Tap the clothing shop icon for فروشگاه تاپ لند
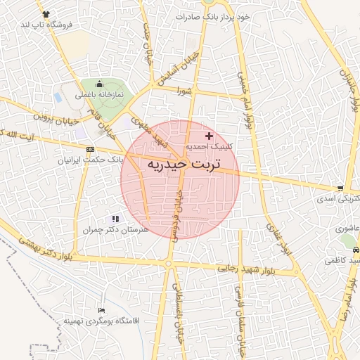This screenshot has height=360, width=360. pos(46,14)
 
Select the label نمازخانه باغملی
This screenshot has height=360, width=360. pos(99,94)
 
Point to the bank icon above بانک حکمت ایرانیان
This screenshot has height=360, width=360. pos(90,150)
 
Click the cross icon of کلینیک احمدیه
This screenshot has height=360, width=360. pos(209,135)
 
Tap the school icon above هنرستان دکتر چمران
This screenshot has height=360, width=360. pos(115,219)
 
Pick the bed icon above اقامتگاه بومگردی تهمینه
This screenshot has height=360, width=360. pos(103,310)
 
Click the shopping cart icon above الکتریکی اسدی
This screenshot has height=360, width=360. pos(340,188)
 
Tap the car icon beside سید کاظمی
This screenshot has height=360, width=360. pos(356,250)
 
